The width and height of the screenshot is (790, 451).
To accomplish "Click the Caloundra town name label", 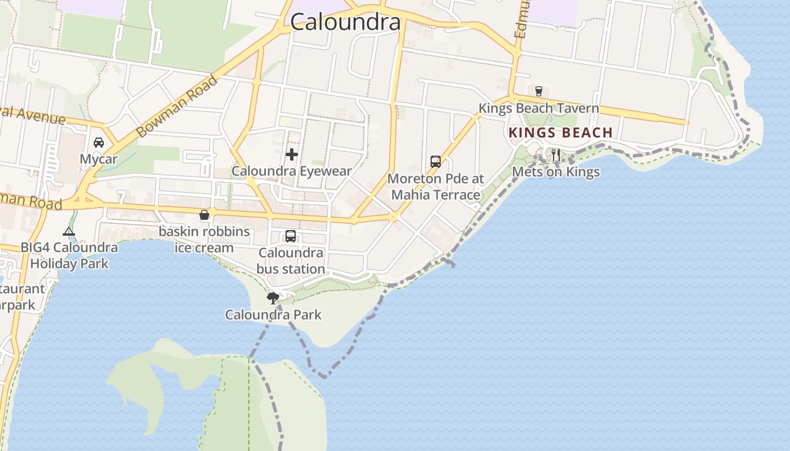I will (345, 22).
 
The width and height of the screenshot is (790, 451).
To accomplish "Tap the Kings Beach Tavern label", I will (538, 108).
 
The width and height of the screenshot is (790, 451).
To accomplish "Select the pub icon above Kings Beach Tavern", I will (538, 91).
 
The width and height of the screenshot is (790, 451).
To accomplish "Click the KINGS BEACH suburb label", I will (560, 133).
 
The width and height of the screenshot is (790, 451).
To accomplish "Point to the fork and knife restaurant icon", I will (556, 154).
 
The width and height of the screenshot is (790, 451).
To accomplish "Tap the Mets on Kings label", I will (556, 171).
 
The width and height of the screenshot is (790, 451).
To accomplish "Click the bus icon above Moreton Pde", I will (435, 162).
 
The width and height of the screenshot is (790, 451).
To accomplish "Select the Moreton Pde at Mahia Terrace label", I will (435, 187).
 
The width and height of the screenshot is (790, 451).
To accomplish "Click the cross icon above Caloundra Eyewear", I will (292, 154).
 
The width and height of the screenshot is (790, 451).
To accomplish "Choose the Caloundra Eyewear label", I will (292, 171).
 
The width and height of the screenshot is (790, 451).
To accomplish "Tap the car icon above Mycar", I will (99, 142).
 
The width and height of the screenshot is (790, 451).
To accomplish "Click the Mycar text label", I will (99, 159).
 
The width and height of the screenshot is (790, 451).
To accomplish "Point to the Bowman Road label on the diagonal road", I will (177, 107).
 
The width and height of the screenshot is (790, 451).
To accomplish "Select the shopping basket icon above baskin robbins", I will (204, 215).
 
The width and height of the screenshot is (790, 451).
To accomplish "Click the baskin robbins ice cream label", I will (204, 240).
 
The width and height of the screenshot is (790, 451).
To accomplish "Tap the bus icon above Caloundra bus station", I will (291, 236).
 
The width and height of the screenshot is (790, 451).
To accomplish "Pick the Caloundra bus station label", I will (291, 261).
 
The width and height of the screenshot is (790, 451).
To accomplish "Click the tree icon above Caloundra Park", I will (273, 298).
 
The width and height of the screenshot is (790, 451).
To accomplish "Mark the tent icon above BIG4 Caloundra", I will (69, 231).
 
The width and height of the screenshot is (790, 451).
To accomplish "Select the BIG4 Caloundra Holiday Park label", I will (69, 255).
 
